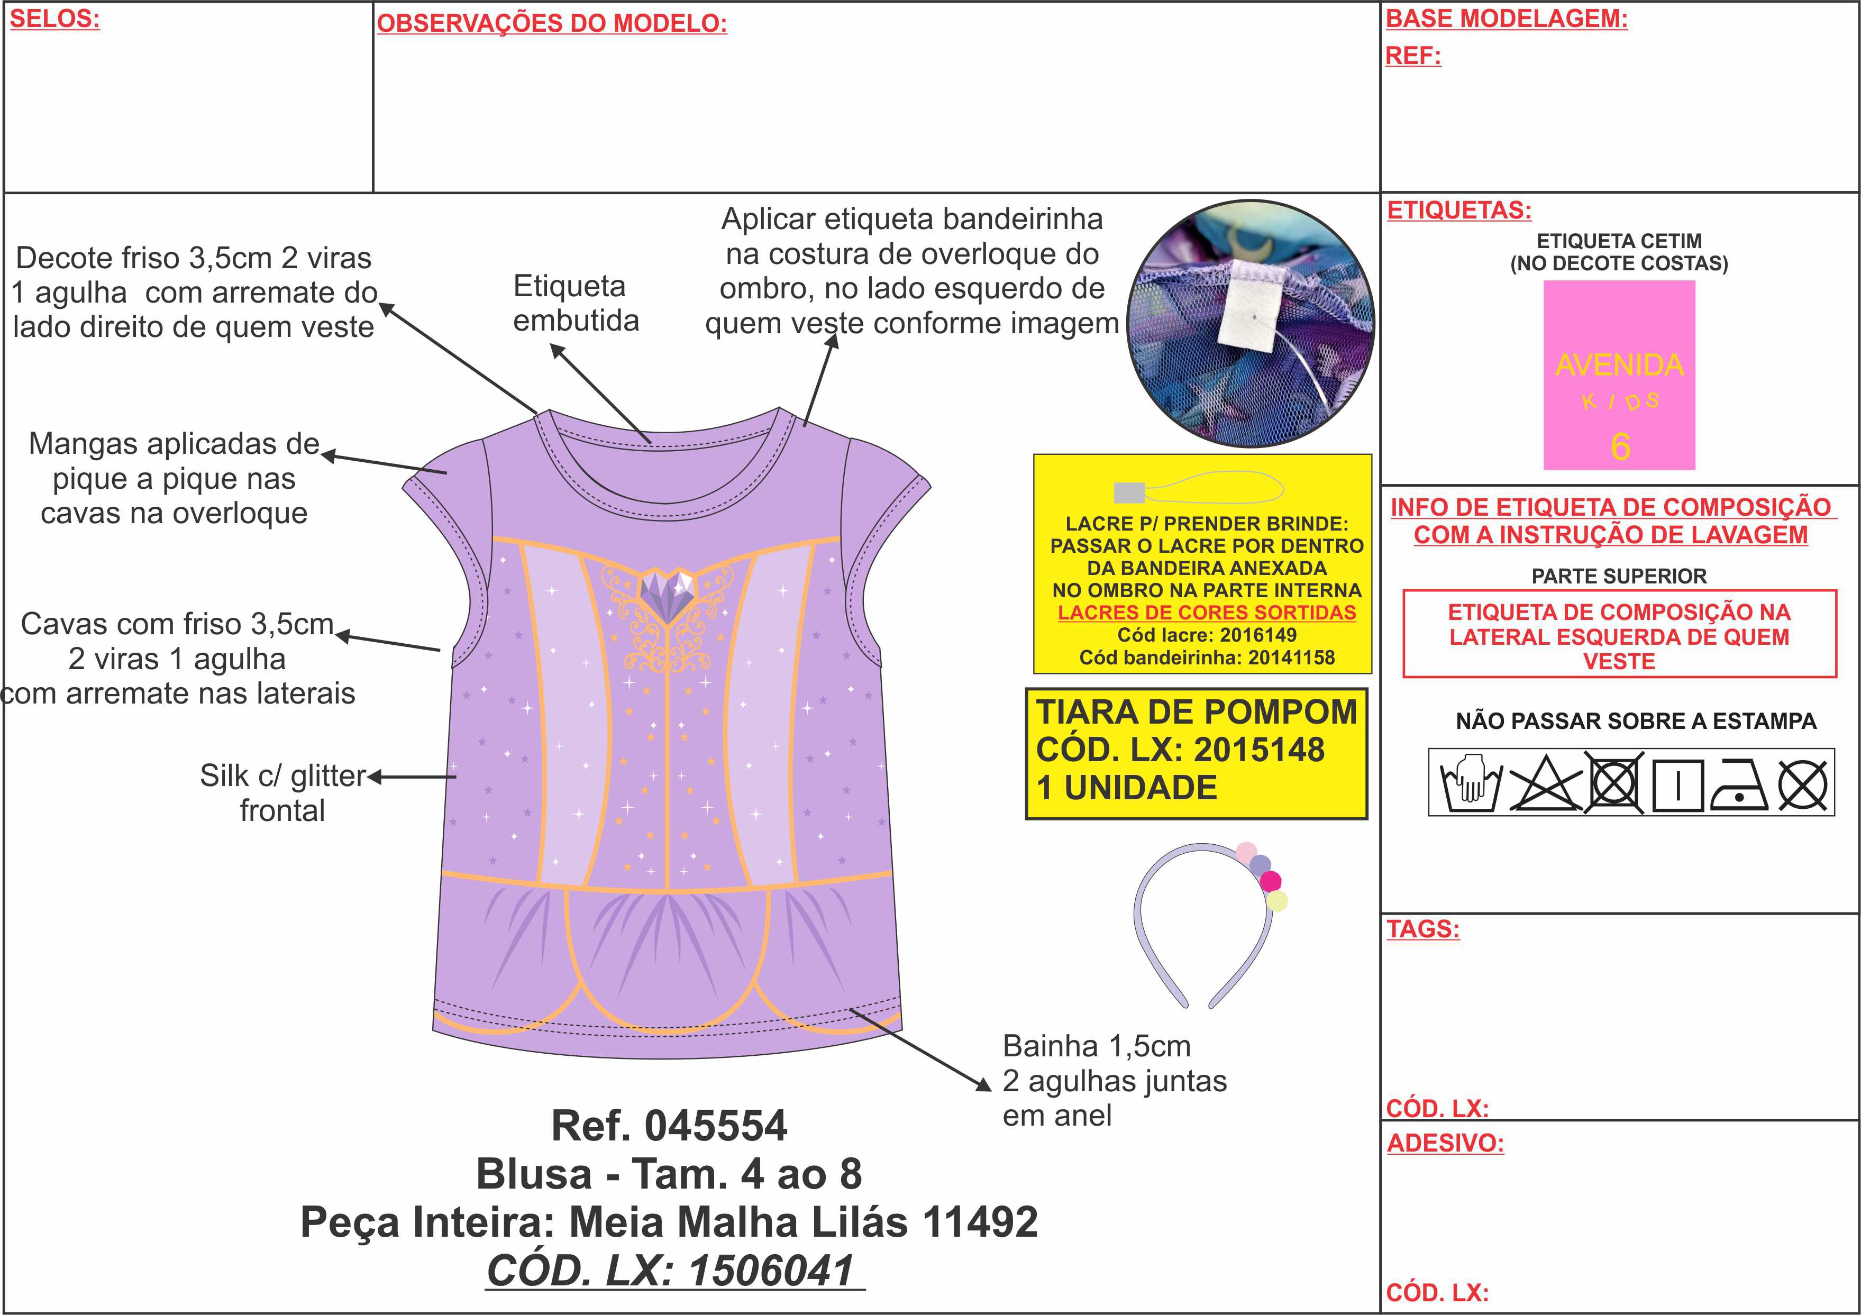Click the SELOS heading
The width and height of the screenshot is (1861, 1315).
[x=54, y=19]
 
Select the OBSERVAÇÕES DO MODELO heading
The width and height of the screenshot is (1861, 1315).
[x=552, y=23]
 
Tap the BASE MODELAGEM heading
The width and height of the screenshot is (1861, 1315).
[x=1507, y=19]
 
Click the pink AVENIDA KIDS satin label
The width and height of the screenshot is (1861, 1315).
[x=1619, y=375]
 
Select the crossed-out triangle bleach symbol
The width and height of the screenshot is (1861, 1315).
[x=1544, y=783]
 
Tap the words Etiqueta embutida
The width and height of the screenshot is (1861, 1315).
[x=576, y=303]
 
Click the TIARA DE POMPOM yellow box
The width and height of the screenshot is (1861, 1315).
[x=1197, y=754]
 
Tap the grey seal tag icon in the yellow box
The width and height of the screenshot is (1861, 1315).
[x=1129, y=492]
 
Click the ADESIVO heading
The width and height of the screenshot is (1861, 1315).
[x=1445, y=1143]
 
